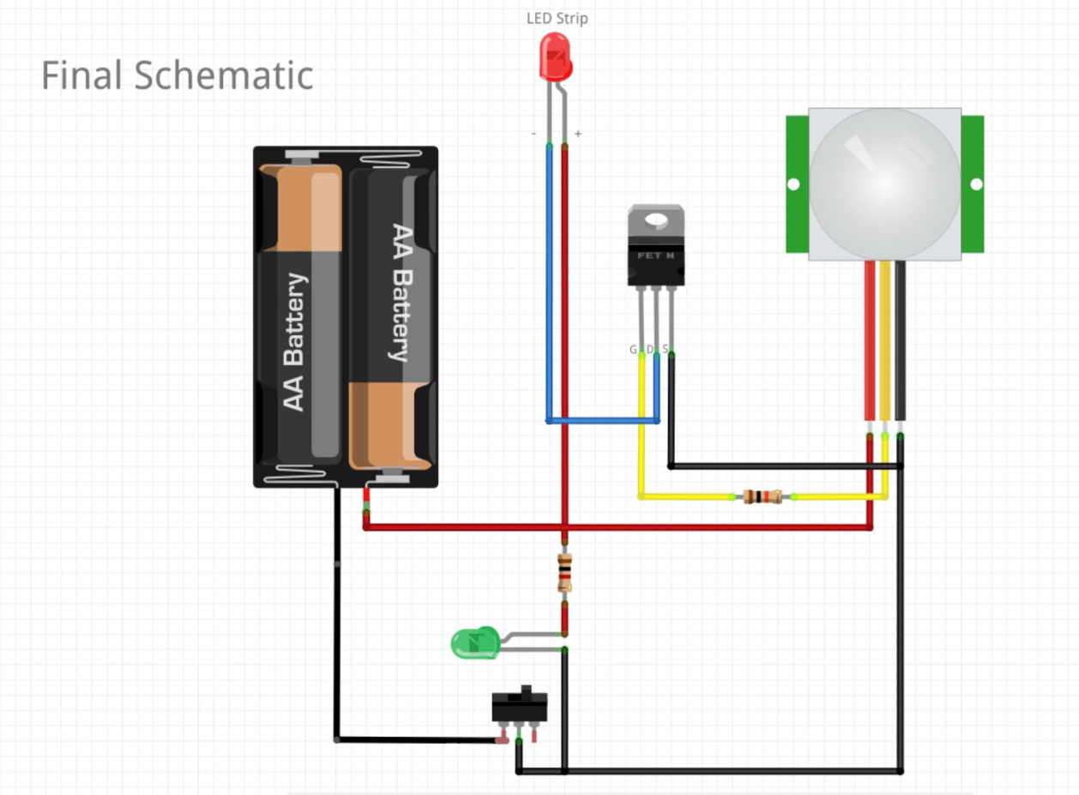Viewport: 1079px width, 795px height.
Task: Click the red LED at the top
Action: coord(555,57)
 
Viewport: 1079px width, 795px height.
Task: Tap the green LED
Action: coord(474,642)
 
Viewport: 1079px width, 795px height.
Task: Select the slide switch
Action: coord(519,708)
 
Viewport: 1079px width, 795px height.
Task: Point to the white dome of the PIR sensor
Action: coord(883,184)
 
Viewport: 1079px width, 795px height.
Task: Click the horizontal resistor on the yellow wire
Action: coord(761,496)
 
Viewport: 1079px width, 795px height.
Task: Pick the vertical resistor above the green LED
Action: coord(564,573)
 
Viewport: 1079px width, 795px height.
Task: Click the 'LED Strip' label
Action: coord(557,18)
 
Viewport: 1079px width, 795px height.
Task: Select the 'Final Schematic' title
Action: coord(177,75)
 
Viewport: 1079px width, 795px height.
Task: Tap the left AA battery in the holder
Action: coord(300,317)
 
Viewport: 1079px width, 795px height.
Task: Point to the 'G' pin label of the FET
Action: coord(634,349)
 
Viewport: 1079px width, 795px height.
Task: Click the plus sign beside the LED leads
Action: coord(578,134)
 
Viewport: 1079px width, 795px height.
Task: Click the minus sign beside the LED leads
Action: coord(534,134)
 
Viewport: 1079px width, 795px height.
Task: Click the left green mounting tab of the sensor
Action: coord(797,184)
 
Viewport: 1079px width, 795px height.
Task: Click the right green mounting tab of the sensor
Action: coord(973,184)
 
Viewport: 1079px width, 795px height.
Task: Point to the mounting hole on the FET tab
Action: coord(656,220)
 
